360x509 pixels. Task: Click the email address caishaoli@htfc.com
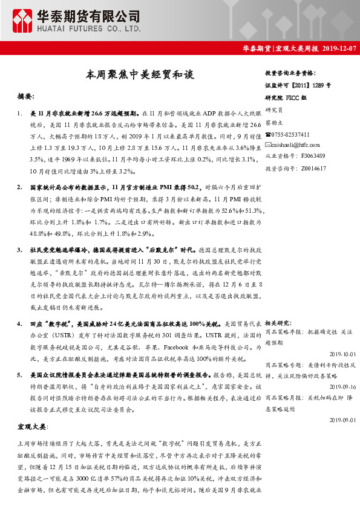(x=296, y=145)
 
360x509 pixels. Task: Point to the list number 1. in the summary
(x=21, y=113)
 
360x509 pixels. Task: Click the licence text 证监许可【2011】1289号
(x=298, y=86)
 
